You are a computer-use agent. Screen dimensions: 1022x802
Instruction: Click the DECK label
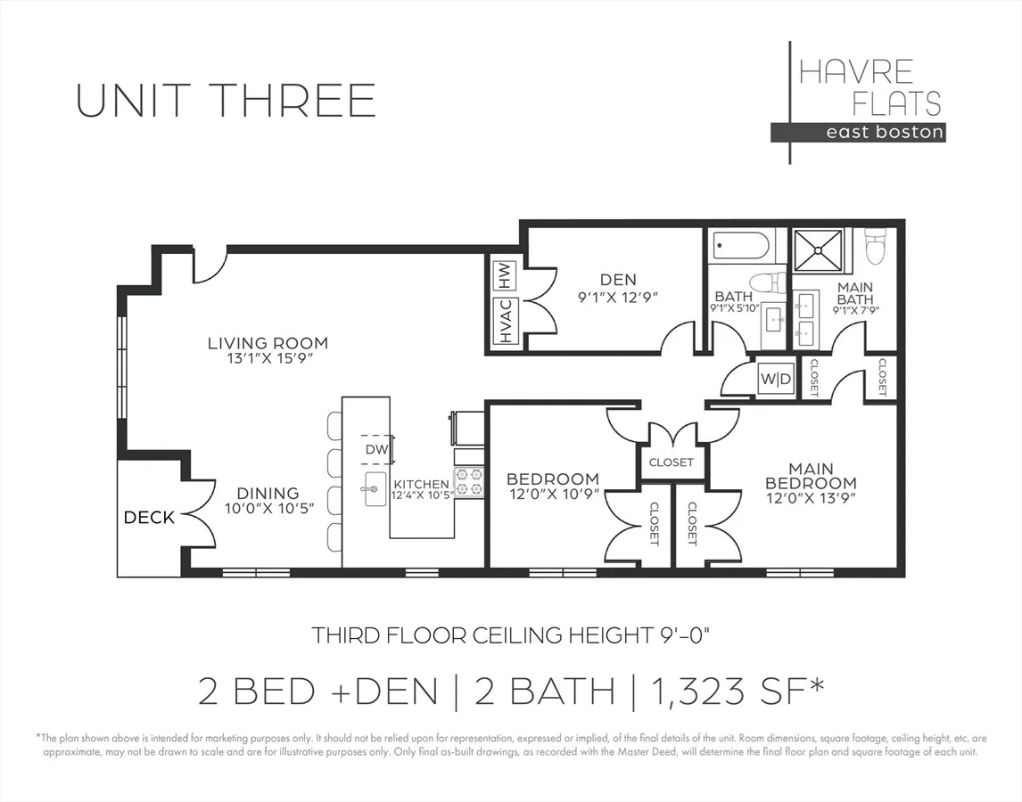pos(149,518)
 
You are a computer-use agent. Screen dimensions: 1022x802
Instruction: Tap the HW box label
pos(506,275)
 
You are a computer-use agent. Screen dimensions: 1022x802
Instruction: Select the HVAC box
pos(506,321)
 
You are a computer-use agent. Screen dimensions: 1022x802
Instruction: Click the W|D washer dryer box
pos(776,379)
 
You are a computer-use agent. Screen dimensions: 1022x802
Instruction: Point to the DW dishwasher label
pos(376,449)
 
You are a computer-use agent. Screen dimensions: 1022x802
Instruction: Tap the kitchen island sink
pos(375,489)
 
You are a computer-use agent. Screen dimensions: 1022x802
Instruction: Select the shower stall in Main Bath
pos(818,250)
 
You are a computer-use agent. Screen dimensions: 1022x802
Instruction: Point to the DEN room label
pos(618,280)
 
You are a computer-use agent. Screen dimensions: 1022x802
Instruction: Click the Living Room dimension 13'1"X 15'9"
pos(268,358)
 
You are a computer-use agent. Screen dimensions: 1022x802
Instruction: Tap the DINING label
pos(268,493)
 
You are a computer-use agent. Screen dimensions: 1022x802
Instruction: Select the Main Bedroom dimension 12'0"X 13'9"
pos(811,498)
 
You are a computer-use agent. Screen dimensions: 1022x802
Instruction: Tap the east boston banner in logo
pos(858,132)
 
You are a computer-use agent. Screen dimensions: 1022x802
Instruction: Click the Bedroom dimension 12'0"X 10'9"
pos(553,495)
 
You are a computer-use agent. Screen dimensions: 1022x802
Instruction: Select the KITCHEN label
pos(421,484)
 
